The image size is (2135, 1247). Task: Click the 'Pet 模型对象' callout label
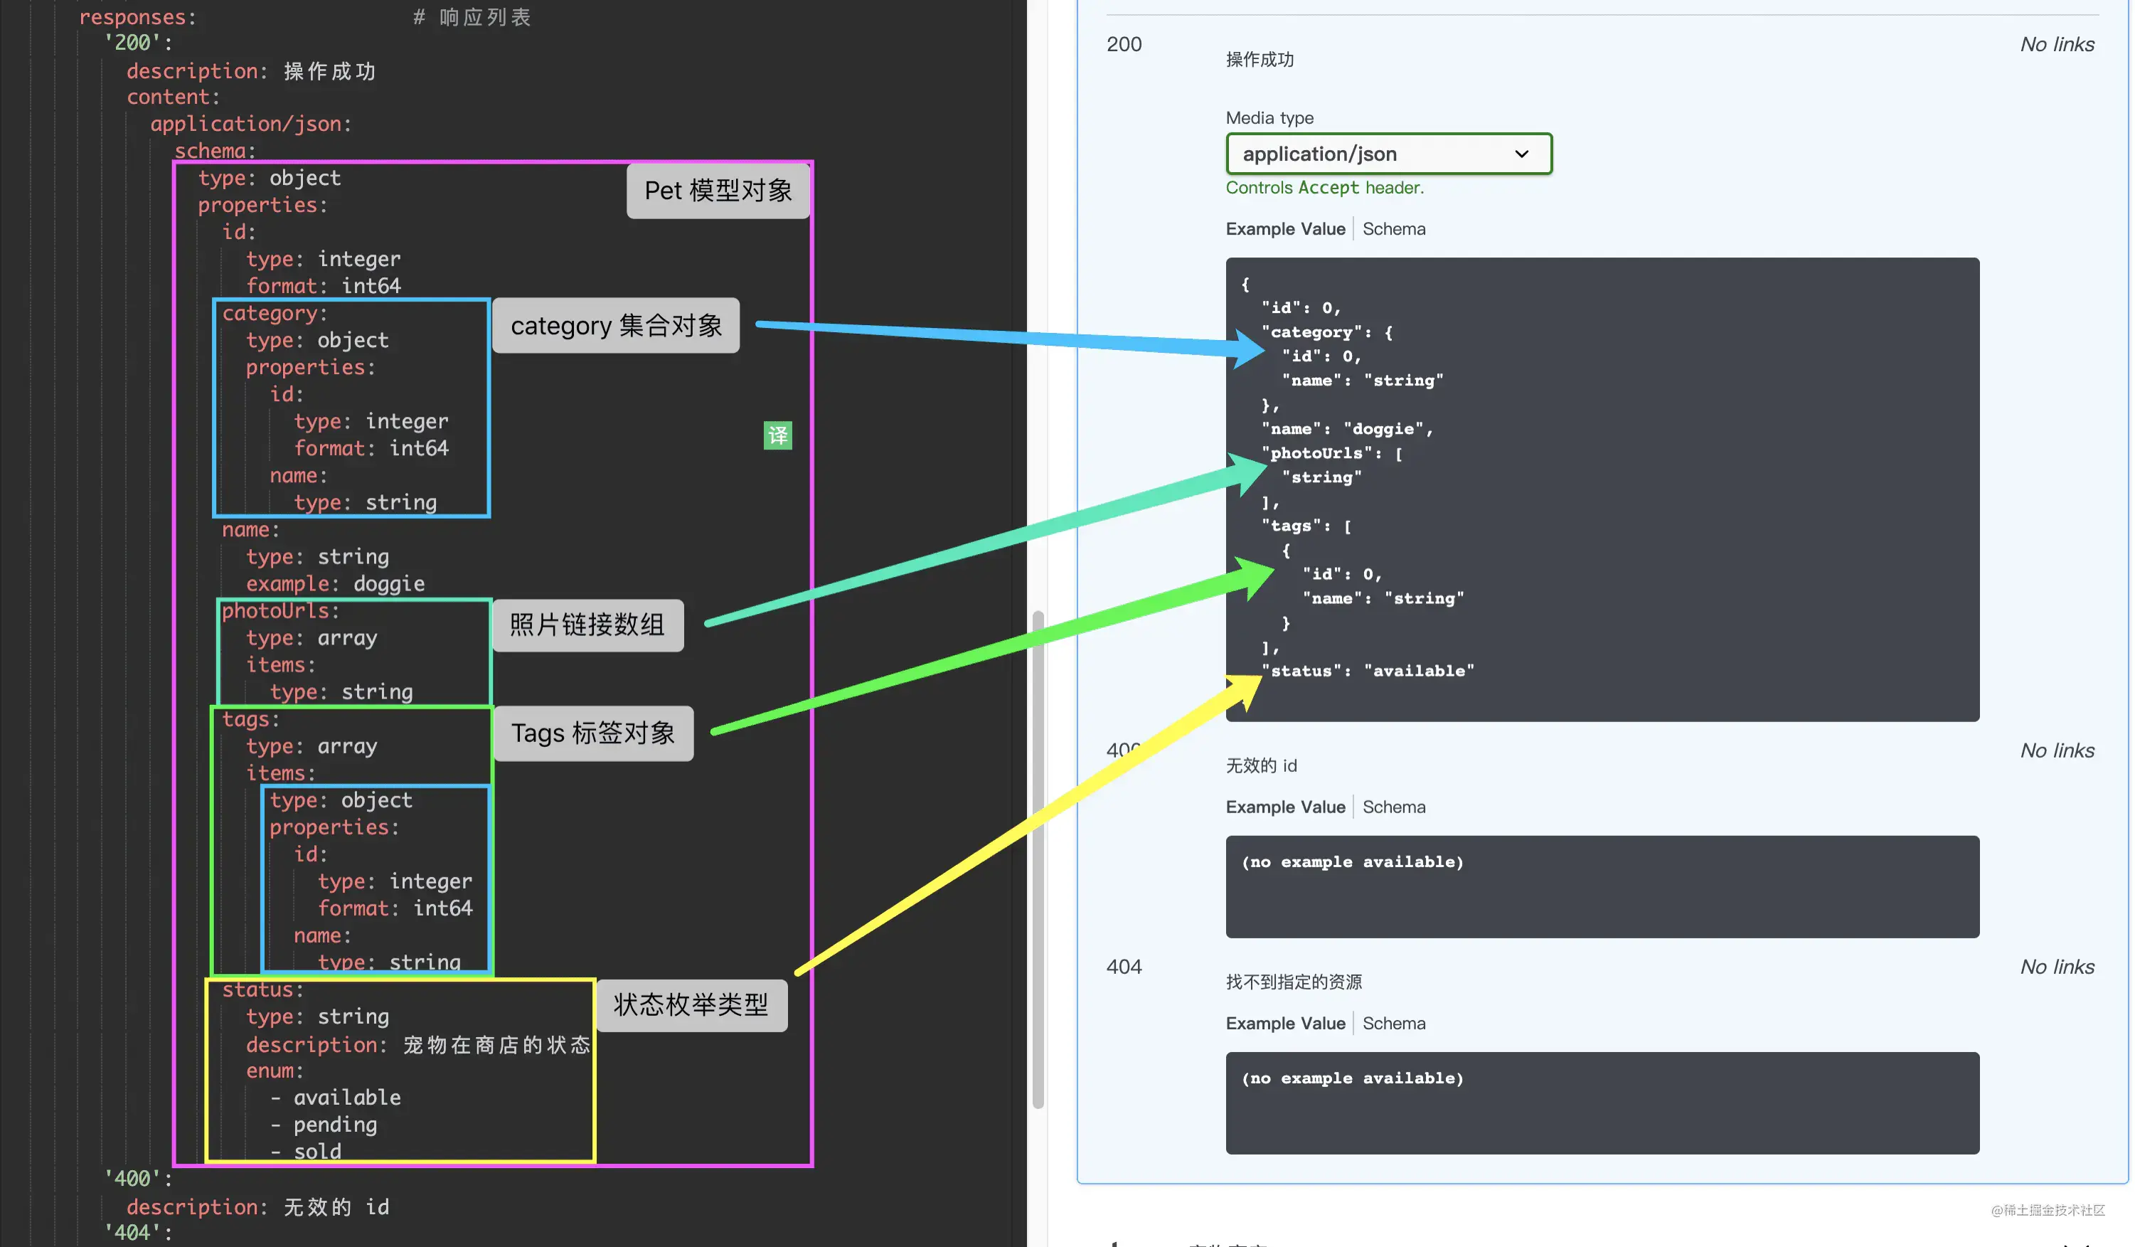[718, 191]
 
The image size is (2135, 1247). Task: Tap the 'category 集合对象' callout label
[616, 325]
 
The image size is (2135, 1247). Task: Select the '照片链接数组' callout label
[587, 625]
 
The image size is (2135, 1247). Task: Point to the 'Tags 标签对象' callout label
[593, 733]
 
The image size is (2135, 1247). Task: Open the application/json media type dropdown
[1388, 154]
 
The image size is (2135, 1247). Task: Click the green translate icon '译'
[778, 435]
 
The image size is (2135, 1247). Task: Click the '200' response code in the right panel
[1124, 44]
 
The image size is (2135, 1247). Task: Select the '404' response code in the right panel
[1124, 967]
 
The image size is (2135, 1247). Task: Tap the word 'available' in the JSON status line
[1419, 671]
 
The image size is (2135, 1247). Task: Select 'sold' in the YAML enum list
[317, 1151]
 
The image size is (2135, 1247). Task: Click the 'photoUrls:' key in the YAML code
[280, 611]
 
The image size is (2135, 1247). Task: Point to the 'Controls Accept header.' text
[1324, 187]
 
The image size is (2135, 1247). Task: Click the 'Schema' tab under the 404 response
[1394, 1024]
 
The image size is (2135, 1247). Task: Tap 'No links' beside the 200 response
[2057, 44]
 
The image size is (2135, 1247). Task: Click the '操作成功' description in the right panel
[1260, 59]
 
